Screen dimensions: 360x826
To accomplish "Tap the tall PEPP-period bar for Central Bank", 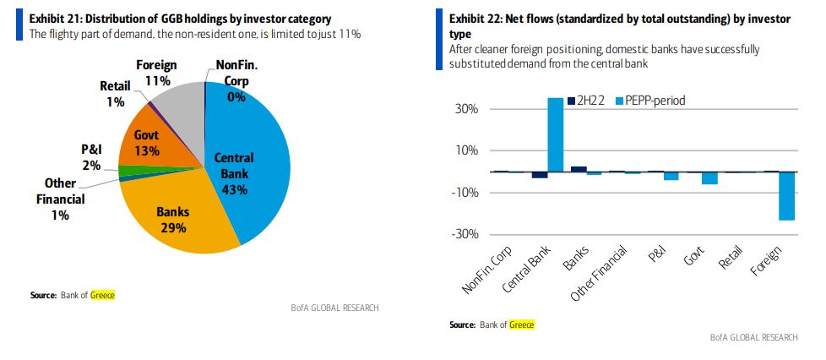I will click(x=556, y=134).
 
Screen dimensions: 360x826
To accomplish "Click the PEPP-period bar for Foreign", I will click(x=786, y=196).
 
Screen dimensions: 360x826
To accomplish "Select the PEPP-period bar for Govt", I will click(x=709, y=177).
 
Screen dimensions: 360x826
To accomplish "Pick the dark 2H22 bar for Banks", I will click(x=579, y=169).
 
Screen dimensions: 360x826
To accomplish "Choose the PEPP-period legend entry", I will click(x=649, y=101).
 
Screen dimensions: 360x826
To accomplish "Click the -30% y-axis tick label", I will click(x=467, y=235).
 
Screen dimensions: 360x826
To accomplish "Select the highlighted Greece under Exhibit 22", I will click(x=521, y=325).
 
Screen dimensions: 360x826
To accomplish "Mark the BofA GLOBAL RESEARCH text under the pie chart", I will click(x=339, y=308).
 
